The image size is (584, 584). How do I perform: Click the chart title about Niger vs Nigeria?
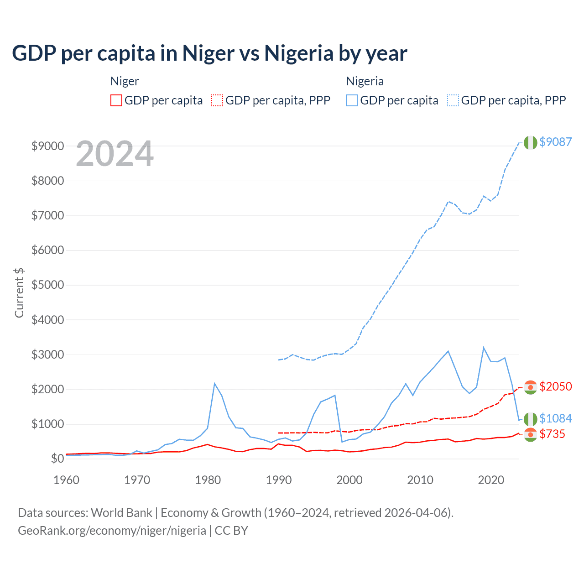pos(209,53)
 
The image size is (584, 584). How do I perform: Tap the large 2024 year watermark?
pos(115,154)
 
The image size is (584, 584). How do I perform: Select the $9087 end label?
pos(555,142)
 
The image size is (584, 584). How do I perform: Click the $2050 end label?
pos(555,386)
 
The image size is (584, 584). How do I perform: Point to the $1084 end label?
pos(555,418)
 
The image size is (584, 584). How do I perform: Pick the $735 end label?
pos(552,434)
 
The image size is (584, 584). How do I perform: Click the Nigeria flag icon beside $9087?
pos(530,142)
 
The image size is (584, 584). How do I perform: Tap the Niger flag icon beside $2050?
pos(530,387)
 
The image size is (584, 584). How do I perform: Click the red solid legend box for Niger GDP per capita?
pos(116,100)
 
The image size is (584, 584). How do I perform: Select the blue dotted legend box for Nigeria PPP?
pos(453,100)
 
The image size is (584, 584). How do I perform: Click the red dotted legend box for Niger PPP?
pos(217,100)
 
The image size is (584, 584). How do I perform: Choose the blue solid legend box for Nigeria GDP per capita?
pos(352,100)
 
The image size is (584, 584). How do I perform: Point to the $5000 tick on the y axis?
pos(47,285)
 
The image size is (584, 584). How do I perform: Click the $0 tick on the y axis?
pos(57,459)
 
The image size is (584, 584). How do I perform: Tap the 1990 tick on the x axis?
pos(278,480)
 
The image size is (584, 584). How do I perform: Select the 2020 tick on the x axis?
pos(490,480)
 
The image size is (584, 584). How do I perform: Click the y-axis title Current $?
pos(19,293)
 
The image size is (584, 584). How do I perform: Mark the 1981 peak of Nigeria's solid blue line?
pos(214,383)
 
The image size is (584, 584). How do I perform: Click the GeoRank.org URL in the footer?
pos(112,531)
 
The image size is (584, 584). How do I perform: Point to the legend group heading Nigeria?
pos(365,81)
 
